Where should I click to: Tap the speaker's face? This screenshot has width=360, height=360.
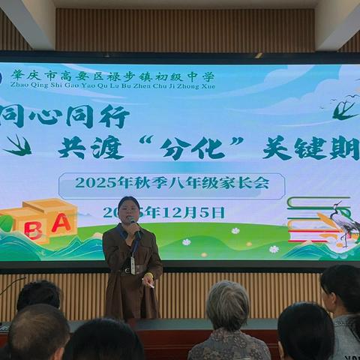128,209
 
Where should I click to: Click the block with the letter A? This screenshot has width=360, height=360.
61,223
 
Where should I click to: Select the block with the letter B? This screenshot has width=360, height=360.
32,229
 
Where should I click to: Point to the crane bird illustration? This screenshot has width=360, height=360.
341,222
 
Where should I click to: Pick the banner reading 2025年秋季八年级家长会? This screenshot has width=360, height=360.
172,182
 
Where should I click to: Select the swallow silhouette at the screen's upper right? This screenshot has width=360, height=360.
344,109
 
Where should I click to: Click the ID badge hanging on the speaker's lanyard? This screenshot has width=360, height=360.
133,265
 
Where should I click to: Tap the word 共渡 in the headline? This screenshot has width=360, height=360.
91,148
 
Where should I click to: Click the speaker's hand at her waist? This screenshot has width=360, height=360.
148,283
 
